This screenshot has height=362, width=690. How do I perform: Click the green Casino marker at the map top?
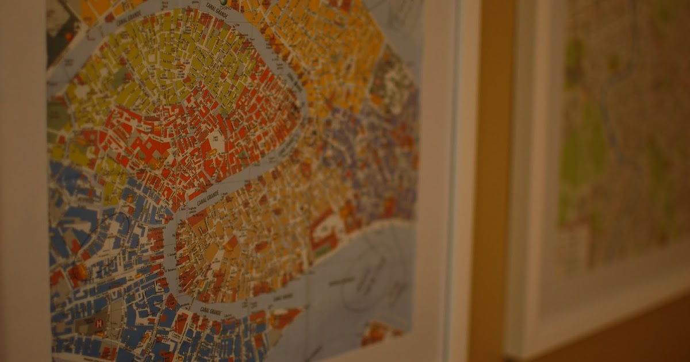231,2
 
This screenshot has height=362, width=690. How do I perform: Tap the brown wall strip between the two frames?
492,172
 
